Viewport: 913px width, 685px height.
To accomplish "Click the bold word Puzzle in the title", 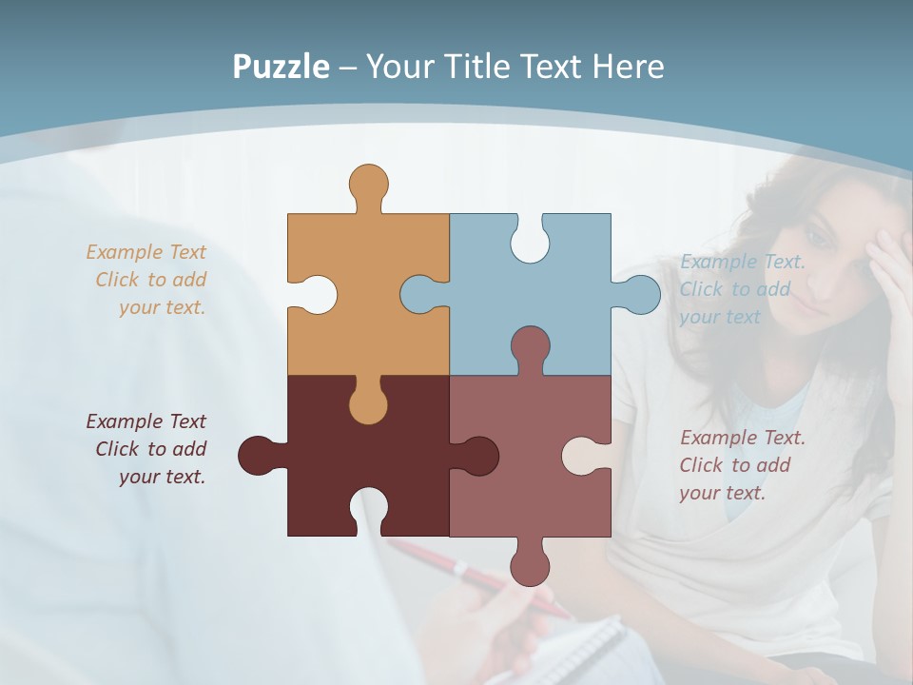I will pyautogui.click(x=281, y=67).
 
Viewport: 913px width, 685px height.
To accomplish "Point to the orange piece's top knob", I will pyautogui.click(x=368, y=183).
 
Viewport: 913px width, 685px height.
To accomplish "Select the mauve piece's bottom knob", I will pyautogui.click(x=530, y=565).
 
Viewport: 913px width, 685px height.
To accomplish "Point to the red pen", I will pyautogui.click(x=476, y=575).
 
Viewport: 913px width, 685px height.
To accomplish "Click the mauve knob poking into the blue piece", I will pyautogui.click(x=530, y=345).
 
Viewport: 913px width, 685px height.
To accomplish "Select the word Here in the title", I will pyautogui.click(x=628, y=67).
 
